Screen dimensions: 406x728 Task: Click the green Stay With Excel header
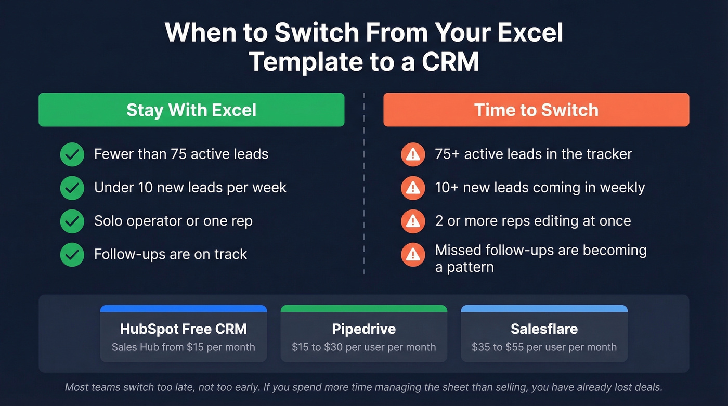tap(191, 110)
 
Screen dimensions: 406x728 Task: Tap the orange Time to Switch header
tap(536, 110)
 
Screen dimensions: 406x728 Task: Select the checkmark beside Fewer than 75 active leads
tap(72, 154)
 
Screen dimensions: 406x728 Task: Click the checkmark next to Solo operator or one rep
tap(72, 221)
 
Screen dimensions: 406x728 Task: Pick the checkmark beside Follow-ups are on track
tap(72, 255)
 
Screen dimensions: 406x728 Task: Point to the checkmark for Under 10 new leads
tap(72, 188)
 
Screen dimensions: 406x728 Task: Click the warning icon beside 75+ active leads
tap(413, 154)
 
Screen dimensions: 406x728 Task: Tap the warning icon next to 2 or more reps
tap(413, 221)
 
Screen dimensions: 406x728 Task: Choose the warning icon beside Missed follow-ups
tap(413, 254)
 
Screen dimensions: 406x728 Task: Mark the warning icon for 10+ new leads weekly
tap(413, 188)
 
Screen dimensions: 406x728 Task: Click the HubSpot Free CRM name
tap(183, 329)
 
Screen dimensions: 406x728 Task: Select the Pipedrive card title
tap(364, 329)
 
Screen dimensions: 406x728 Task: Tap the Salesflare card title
tap(544, 329)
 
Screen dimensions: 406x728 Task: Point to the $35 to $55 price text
tap(544, 347)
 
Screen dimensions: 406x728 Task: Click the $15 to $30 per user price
tap(364, 347)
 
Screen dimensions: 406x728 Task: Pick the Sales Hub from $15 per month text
tap(183, 347)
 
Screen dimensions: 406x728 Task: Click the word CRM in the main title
tap(450, 61)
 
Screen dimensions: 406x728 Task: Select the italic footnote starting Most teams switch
tap(364, 387)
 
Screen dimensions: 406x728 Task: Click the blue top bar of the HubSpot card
tap(183, 308)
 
